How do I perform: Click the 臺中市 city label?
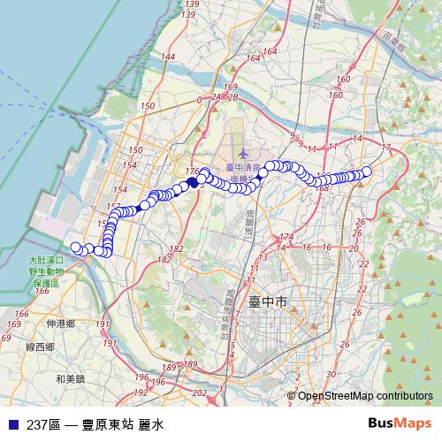(x=267, y=301)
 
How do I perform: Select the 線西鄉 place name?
(x=41, y=347)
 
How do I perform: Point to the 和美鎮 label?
(x=69, y=378)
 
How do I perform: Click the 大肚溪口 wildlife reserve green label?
(x=43, y=271)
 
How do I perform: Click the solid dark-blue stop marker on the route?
(x=192, y=183)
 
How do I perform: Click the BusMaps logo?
(x=400, y=424)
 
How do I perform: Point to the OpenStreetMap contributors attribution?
(x=364, y=395)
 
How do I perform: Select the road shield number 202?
(x=199, y=392)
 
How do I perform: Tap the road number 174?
(x=285, y=237)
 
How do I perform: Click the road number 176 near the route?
(x=194, y=171)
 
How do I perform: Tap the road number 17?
(x=385, y=147)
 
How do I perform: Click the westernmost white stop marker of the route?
(x=76, y=248)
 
